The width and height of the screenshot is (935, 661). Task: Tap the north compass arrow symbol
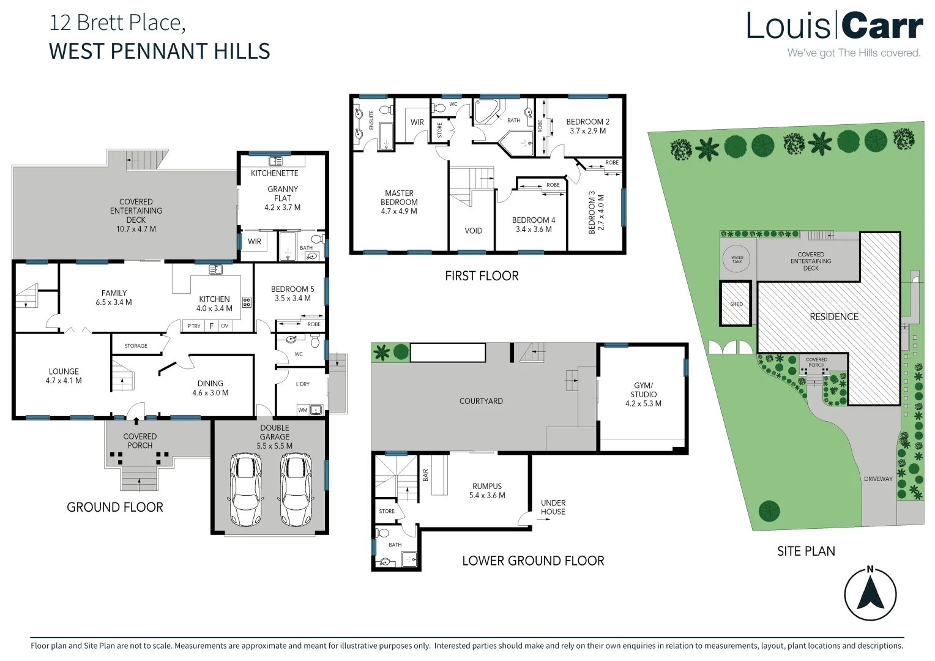tap(870, 594)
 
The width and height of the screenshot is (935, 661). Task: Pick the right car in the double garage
tap(297, 490)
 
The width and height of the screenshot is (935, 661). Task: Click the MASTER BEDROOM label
tap(399, 198)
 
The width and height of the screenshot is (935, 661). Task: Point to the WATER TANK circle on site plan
tap(737, 258)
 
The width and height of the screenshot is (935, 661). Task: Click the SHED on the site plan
tap(736, 304)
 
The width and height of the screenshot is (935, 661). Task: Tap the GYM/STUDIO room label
tap(643, 390)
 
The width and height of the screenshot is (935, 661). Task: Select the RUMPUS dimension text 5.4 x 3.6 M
tap(487, 496)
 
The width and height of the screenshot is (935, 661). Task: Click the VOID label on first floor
tap(473, 231)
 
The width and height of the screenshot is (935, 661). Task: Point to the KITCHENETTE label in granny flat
tap(274, 173)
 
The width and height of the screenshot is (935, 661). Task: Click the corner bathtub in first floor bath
tap(487, 113)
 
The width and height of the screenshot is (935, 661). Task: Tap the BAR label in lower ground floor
tap(425, 475)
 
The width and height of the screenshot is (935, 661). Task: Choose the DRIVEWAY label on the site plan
tap(878, 479)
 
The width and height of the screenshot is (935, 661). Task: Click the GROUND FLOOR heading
tap(115, 507)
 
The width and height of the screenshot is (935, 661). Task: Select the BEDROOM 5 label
tap(292, 289)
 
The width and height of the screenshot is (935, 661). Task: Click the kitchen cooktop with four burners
tap(247, 302)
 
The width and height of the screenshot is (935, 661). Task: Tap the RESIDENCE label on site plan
tap(833, 316)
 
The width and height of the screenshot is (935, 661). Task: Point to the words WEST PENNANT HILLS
tap(159, 51)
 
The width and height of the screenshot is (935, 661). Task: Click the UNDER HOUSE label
tap(553, 507)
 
